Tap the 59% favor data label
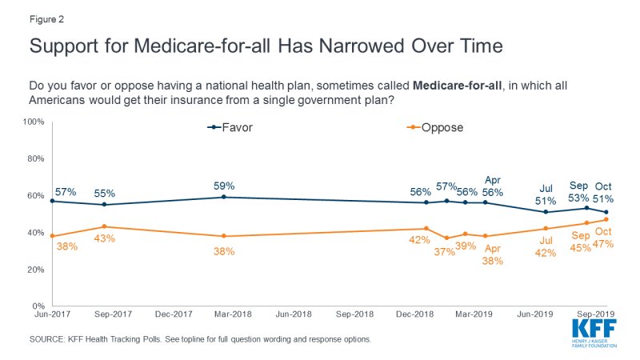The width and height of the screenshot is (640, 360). coord(224,186)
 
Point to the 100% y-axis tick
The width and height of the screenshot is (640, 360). coord(32,122)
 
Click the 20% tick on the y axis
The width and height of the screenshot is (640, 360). coord(34,270)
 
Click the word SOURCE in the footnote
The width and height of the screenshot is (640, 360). coord(48,339)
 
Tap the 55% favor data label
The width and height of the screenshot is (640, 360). coord(105,194)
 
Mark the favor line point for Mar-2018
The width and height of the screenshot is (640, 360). coord(224,197)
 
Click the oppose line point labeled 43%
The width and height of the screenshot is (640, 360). coord(105,226)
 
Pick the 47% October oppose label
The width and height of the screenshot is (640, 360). coord(602,243)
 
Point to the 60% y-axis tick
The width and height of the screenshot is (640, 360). coord(34,195)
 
